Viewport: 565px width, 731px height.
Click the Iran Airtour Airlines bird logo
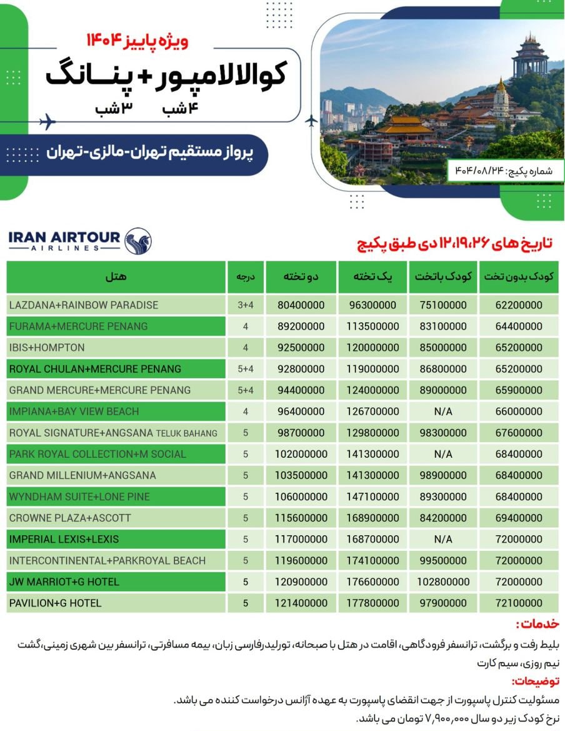(137, 241)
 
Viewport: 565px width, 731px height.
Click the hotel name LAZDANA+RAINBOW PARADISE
(84, 305)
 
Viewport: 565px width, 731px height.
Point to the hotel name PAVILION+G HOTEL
(55, 603)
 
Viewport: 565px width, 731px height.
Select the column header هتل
(116, 276)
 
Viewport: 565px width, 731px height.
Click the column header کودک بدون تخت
(519, 276)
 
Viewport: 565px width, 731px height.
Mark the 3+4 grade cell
(245, 305)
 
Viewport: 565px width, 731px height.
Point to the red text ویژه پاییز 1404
(137, 42)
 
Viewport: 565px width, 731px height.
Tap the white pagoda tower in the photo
(501, 100)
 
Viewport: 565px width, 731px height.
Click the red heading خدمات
(537, 624)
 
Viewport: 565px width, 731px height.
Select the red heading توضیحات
(535, 681)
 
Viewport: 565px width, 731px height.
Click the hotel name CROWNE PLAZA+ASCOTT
(70, 518)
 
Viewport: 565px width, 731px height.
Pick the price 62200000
(519, 305)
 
